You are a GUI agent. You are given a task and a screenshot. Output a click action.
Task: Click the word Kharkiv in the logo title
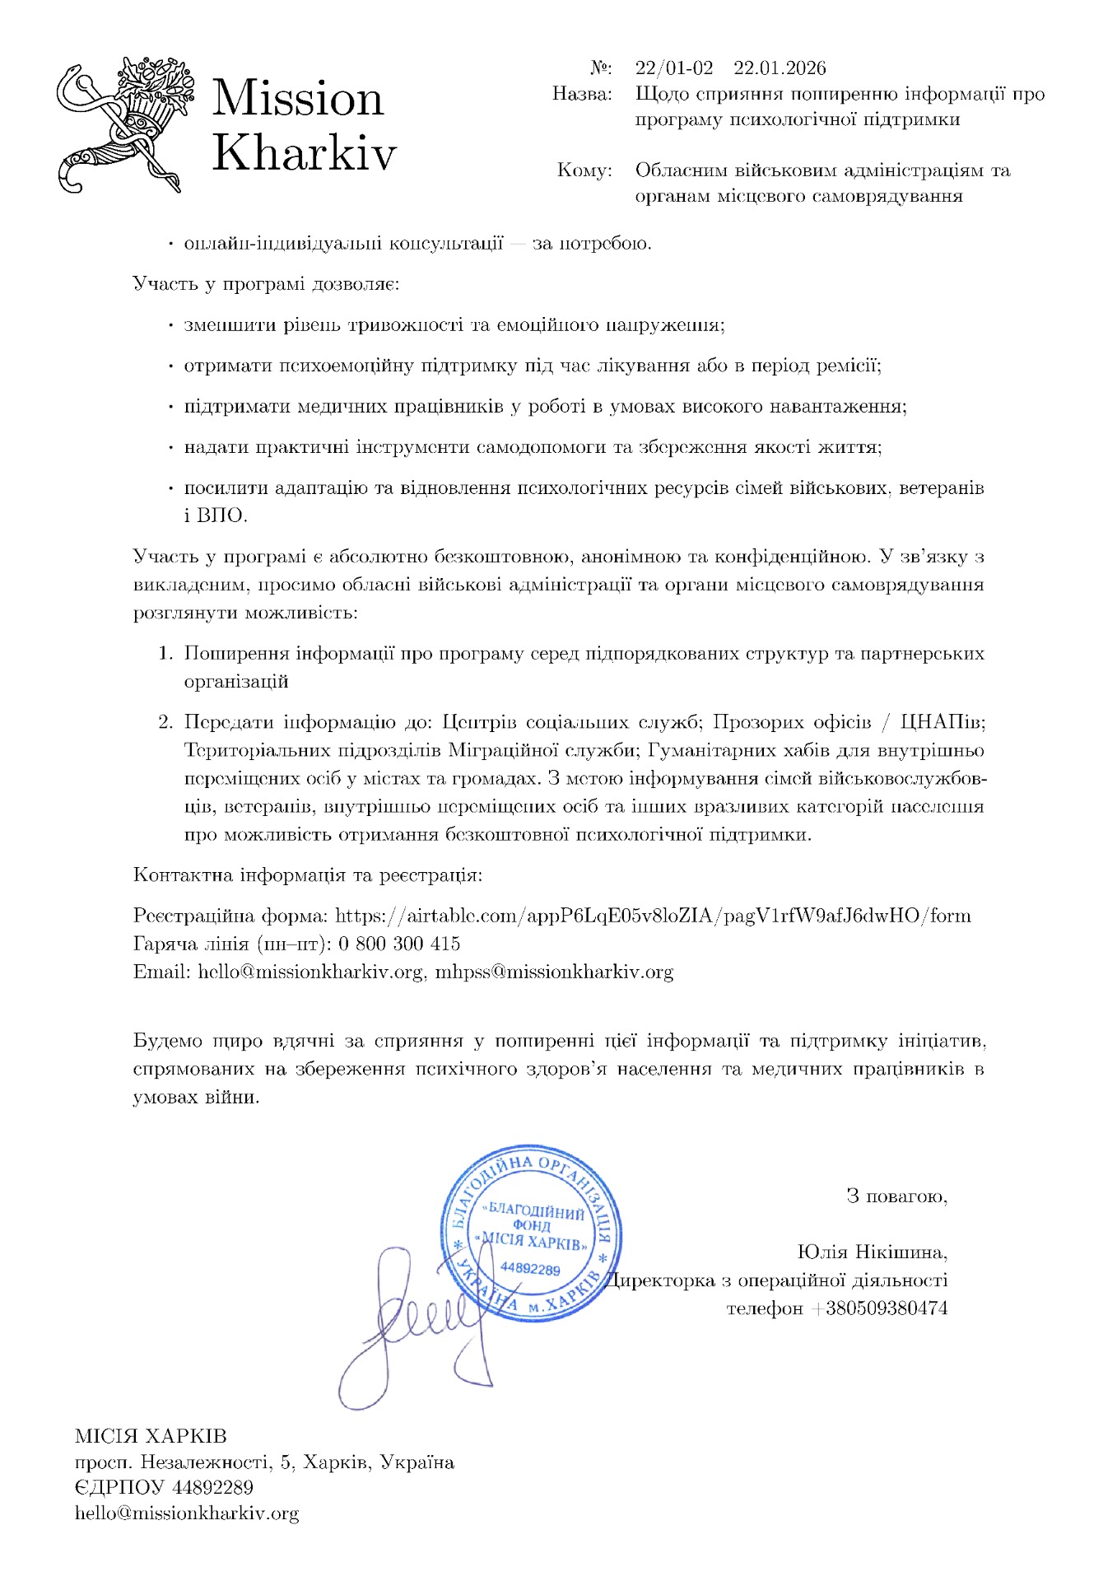(305, 153)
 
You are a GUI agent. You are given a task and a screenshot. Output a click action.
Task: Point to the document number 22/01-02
(674, 68)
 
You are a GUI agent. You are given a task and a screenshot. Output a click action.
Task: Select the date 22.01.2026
(780, 68)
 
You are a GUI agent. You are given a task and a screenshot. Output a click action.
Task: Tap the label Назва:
(582, 94)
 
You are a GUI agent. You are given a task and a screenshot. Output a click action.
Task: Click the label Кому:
(584, 170)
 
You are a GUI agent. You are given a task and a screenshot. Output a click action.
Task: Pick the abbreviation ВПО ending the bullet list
(221, 515)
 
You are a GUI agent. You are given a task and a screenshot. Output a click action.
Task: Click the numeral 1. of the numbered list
(165, 654)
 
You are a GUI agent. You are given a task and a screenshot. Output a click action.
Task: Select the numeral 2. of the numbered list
(165, 723)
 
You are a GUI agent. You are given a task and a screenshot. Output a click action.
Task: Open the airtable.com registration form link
(654, 916)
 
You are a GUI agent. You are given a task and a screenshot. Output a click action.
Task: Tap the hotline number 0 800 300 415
(399, 944)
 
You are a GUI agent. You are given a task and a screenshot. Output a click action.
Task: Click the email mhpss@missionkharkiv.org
(554, 972)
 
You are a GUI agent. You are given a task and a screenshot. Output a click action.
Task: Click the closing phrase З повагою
(896, 1196)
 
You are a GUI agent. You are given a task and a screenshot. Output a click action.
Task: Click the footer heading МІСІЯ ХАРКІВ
(151, 1436)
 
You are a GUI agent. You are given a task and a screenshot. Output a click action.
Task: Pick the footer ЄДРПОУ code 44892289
(212, 1487)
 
